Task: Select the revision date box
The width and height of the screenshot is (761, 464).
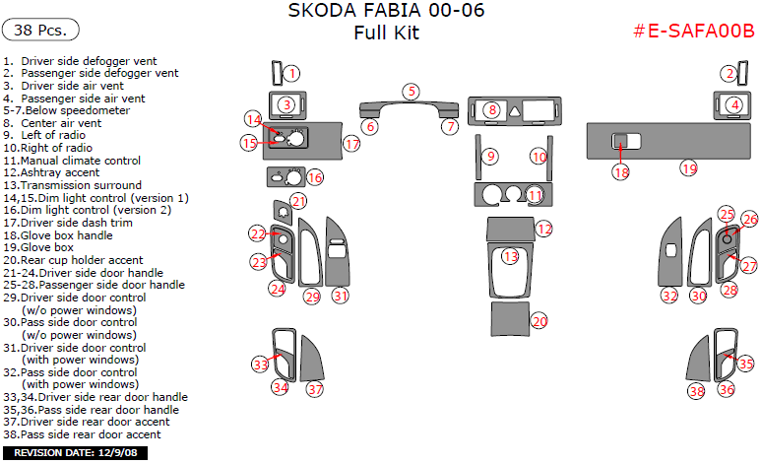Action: pos(76,453)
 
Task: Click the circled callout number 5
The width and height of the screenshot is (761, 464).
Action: pos(411,92)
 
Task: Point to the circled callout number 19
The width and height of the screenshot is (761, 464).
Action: pos(689,168)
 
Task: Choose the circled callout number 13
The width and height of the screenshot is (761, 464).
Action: pos(510,256)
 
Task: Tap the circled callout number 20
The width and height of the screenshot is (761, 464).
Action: pos(539,321)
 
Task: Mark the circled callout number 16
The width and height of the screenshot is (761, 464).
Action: pos(314,178)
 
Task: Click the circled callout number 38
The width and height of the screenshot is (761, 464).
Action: pos(697,391)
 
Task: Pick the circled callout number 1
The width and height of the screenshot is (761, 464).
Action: pos(292,73)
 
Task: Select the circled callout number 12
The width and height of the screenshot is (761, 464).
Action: pos(544,229)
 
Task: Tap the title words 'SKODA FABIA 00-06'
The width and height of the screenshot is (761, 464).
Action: pos(386,12)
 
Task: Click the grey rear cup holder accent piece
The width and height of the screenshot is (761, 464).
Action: pos(509,320)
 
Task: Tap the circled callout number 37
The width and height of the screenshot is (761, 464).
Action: pos(315,389)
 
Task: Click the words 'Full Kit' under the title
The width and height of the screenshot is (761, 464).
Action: pos(386,33)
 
